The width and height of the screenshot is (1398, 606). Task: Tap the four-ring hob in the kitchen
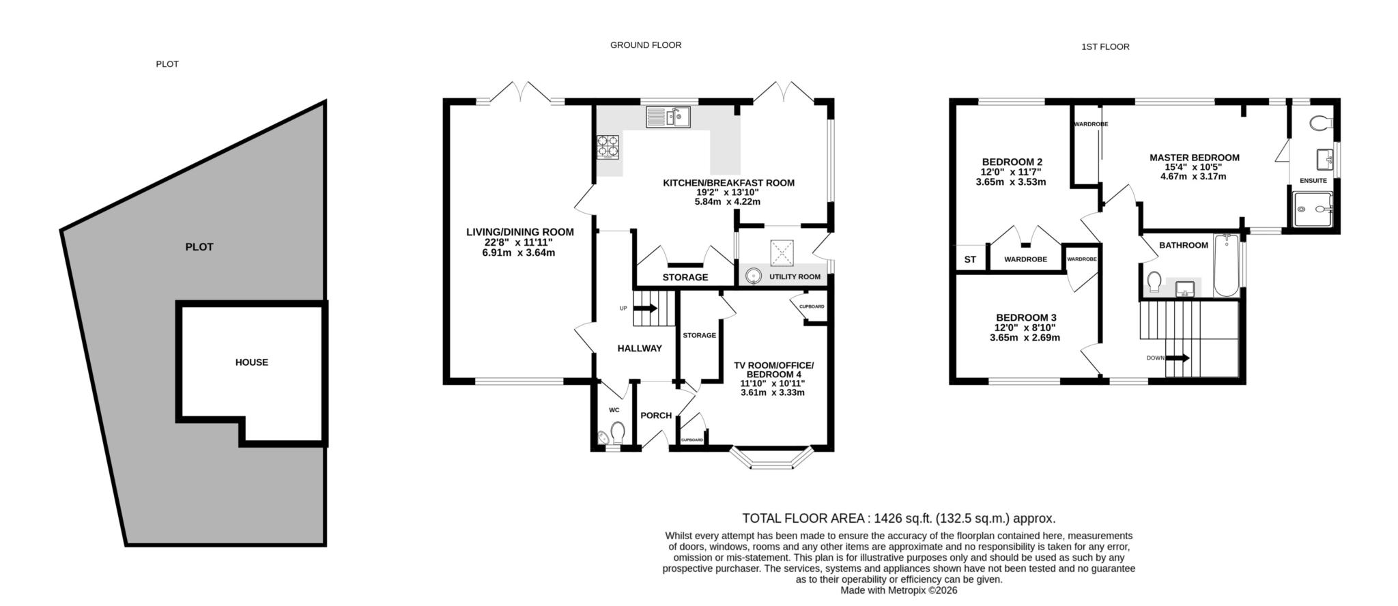tap(608, 147)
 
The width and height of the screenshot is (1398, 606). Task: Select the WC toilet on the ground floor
tap(617, 433)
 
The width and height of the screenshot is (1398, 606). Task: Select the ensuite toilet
tap(1321, 124)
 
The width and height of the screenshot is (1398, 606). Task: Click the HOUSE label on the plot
tap(251, 362)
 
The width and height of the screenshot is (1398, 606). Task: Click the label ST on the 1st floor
tap(970, 260)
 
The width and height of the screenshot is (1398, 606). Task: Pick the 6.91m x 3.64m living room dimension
tap(519, 252)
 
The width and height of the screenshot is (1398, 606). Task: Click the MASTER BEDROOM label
tap(1194, 158)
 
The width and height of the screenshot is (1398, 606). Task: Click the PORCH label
tap(656, 416)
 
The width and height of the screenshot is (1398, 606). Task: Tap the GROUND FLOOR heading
tap(645, 45)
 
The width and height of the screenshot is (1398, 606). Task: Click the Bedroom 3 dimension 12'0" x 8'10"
tap(1025, 328)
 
